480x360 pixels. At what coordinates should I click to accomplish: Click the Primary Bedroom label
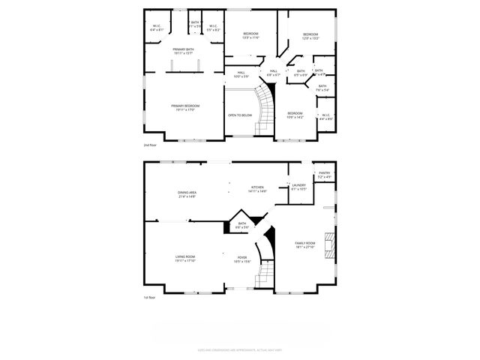[184, 106]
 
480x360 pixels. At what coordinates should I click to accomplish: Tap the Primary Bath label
[184, 49]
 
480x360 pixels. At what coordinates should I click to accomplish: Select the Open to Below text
[240, 115]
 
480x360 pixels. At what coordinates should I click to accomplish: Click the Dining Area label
[187, 193]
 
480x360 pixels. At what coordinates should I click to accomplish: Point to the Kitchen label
[258, 187]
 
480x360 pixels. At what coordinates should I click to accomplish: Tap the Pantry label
[324, 173]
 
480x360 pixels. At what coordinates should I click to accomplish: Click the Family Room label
[304, 243]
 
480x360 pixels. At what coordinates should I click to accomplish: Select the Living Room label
[185, 257]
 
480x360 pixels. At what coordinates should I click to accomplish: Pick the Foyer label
[242, 257]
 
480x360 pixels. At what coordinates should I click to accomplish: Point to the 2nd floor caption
[151, 145]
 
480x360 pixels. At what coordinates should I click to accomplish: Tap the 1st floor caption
[150, 298]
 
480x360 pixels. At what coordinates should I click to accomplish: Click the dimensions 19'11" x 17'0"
[185, 110]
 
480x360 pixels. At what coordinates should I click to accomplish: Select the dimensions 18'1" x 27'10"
[304, 247]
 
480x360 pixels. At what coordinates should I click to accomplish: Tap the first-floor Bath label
[242, 223]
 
